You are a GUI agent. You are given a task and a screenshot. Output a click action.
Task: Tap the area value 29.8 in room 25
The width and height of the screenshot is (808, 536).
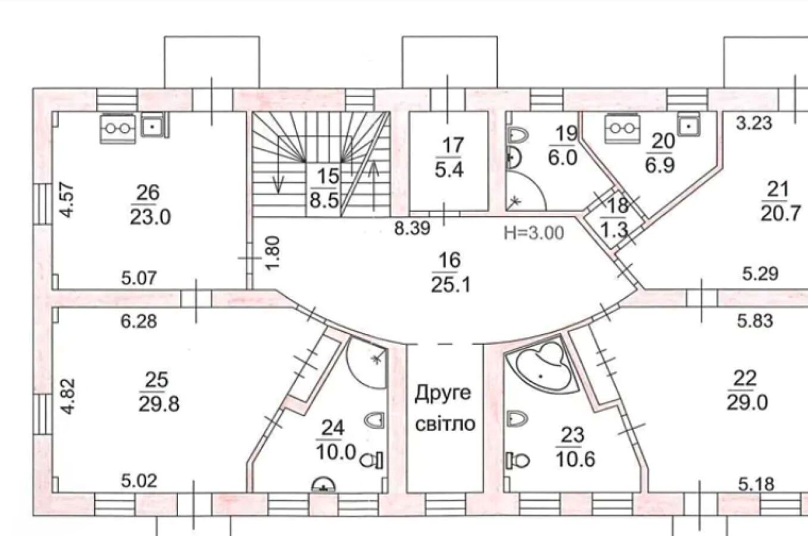point(159,404)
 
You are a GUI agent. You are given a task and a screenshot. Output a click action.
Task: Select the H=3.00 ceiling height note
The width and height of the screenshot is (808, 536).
point(534,232)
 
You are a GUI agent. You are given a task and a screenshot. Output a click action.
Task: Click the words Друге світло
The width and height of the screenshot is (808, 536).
point(444,408)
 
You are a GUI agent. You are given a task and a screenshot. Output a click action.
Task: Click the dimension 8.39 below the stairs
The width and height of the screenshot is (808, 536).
point(412,228)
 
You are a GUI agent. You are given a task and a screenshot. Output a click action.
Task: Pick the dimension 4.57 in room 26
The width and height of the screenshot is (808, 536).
point(67,200)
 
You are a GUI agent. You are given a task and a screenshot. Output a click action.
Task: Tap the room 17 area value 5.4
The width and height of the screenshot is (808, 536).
point(449,170)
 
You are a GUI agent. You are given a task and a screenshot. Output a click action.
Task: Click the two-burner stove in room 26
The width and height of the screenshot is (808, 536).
point(118,127)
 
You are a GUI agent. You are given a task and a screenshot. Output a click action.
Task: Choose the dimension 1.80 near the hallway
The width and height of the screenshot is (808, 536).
point(272,253)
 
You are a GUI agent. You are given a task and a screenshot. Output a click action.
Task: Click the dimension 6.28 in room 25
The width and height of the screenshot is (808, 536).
point(139,322)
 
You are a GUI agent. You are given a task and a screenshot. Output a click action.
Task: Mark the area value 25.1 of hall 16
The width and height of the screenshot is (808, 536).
point(451,285)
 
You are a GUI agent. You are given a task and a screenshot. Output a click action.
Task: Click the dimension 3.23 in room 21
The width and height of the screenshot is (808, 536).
point(754,123)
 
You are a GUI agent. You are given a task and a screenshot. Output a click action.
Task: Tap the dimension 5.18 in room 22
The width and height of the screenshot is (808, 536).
point(756,484)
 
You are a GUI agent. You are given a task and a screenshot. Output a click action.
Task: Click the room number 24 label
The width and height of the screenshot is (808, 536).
point(333,427)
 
